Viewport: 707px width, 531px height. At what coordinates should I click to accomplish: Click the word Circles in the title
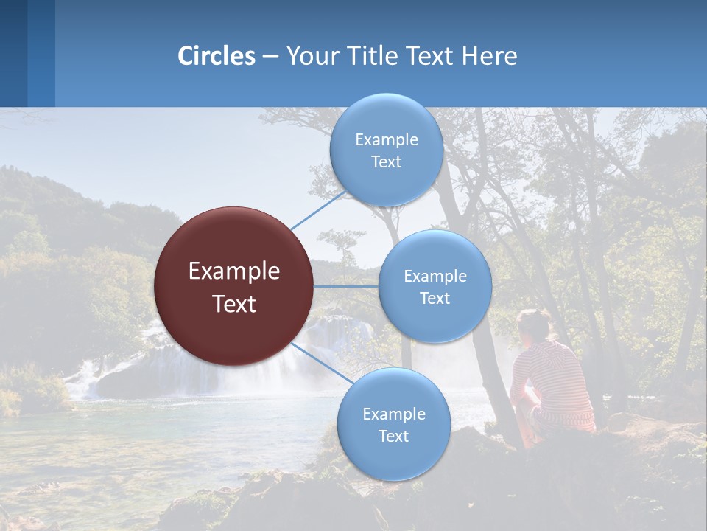point(216,56)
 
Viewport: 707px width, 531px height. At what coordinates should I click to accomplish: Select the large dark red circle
point(233,286)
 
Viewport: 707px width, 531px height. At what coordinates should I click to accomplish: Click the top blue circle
point(386,150)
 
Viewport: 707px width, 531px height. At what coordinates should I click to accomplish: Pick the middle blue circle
point(435,286)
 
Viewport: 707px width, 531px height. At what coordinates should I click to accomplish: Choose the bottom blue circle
point(393,424)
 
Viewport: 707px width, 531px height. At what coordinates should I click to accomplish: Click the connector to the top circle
point(318,210)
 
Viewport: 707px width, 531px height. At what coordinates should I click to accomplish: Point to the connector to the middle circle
point(345,286)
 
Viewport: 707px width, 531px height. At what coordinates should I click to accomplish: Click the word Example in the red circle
point(234,271)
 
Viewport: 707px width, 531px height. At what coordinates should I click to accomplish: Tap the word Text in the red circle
point(234,303)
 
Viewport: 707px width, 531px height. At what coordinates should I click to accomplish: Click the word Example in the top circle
point(387,139)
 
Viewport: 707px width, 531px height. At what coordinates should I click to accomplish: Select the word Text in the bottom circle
point(393,436)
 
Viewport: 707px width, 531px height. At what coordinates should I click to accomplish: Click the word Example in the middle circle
point(435,276)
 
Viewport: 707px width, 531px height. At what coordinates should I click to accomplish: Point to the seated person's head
point(534,324)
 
